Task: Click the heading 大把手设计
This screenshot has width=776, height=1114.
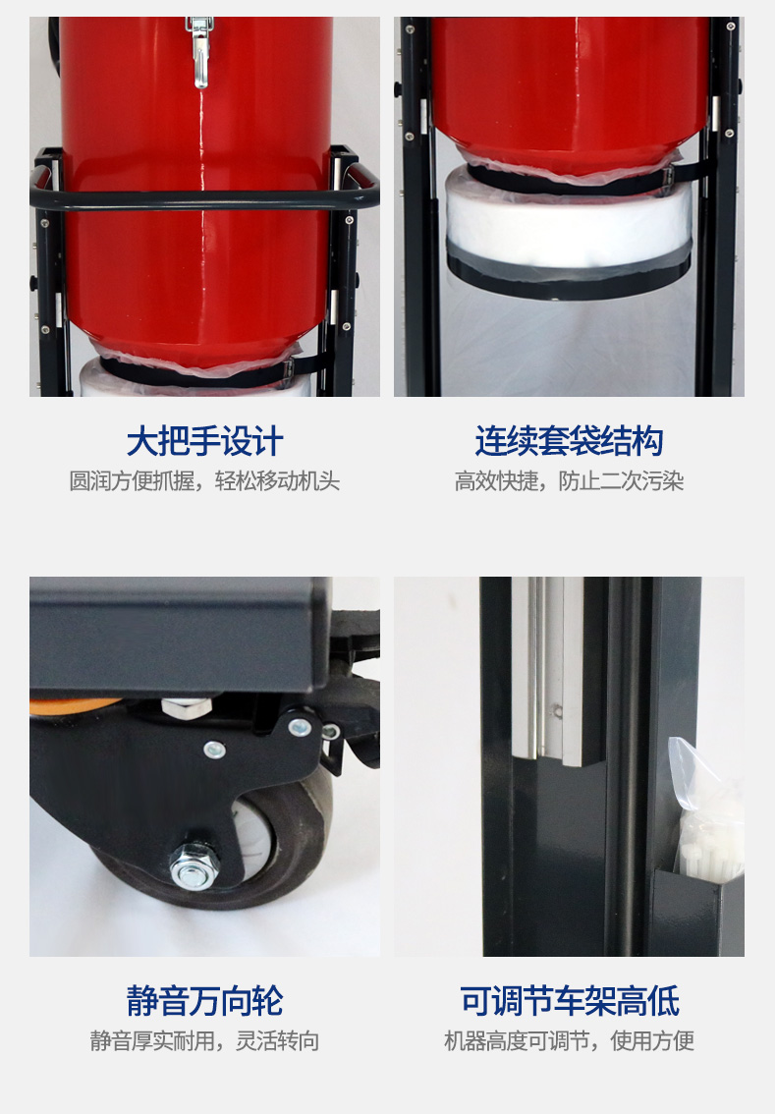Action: (x=204, y=442)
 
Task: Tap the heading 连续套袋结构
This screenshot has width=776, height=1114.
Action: (x=569, y=442)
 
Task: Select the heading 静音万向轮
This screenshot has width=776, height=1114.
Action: (x=204, y=1001)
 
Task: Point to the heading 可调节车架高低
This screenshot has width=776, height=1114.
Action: (x=569, y=1001)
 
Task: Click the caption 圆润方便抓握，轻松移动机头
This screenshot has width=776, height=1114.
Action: (x=204, y=482)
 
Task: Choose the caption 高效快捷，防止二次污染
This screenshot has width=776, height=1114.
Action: (x=569, y=482)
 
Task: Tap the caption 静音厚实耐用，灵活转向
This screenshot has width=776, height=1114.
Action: (x=204, y=1041)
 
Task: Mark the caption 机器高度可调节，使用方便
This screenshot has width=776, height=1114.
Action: (x=569, y=1041)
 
